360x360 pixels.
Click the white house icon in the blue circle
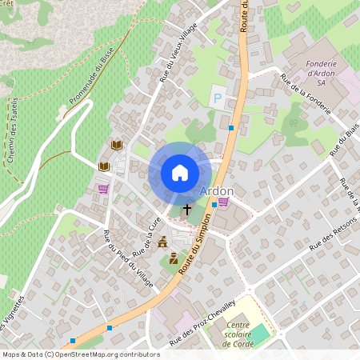(179, 173)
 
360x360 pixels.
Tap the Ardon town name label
(216, 191)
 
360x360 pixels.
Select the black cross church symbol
(187, 210)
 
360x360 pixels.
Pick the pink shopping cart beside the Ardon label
(222, 202)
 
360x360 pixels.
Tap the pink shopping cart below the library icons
(103, 189)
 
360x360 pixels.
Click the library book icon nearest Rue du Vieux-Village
(117, 145)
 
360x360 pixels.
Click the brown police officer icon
(174, 258)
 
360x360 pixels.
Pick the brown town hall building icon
(162, 242)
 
